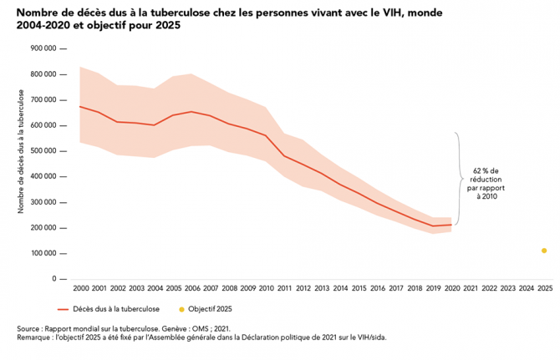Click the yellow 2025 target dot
[544, 251]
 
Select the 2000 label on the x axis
[81, 288]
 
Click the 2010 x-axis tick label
[266, 288]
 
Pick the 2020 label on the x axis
[451, 288]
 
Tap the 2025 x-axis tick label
[544, 288]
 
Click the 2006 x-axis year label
[192, 288]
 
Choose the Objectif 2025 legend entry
[206, 309]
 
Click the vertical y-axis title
[21, 164]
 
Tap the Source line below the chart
[122, 329]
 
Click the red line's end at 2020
[451, 225]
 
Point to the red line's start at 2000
[80, 106]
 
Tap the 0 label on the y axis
[53, 279]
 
